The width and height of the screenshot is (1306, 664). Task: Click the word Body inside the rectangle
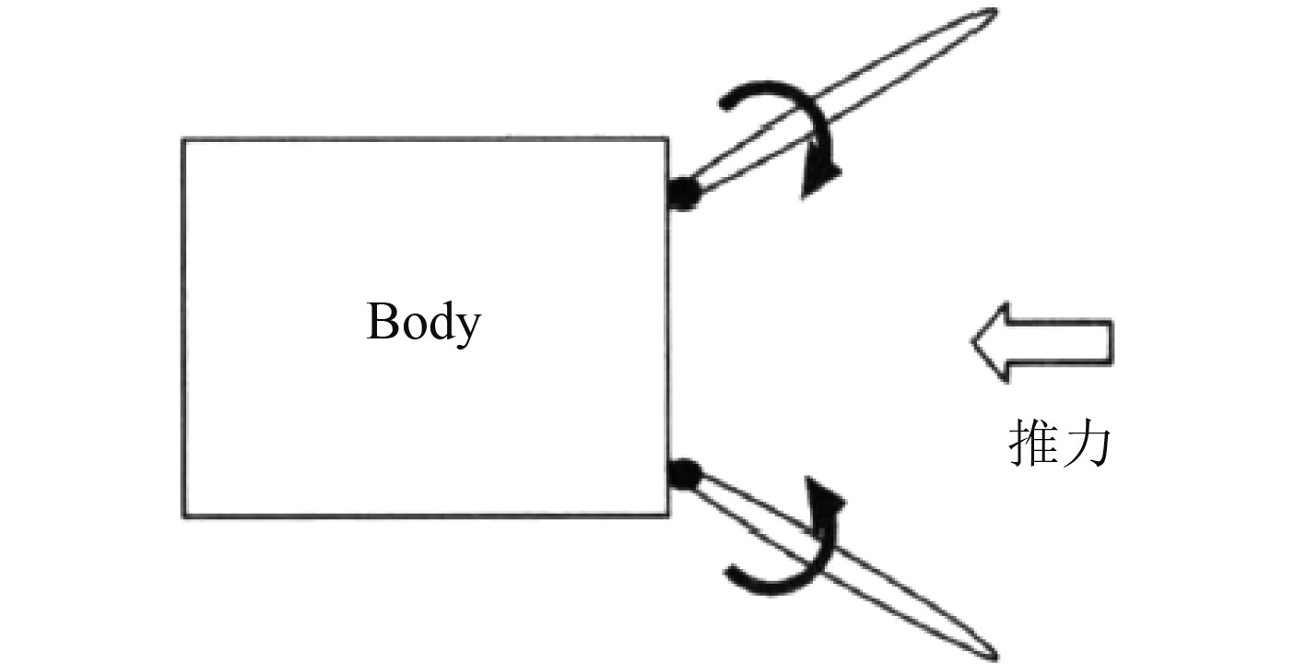(423, 323)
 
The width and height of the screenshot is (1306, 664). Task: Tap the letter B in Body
(382, 322)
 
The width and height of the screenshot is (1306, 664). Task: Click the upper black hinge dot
(683, 193)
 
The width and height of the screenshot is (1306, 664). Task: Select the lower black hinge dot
(683, 475)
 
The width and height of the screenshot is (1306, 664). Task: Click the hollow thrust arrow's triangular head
(991, 341)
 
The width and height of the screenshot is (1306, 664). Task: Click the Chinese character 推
(1032, 444)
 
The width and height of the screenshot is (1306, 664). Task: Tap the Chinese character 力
(1088, 444)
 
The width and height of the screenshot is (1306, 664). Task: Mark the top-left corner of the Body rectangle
(182, 139)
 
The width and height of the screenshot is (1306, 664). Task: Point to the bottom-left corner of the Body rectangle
(182, 516)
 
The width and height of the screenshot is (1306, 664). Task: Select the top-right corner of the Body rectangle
(667, 139)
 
